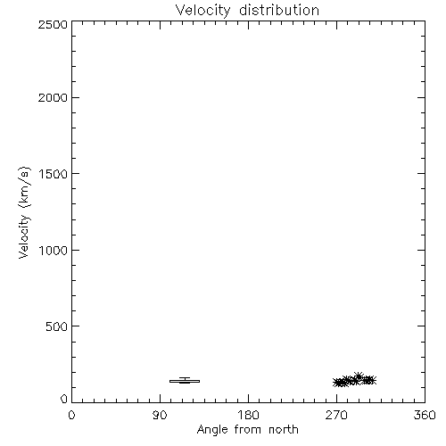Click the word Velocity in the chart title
point(203,11)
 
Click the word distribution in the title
point(279,10)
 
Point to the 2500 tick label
point(53,24)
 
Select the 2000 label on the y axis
point(53,98)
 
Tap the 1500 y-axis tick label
point(54,174)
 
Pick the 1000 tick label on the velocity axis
point(54,251)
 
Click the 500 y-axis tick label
point(57,326)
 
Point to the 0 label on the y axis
point(64,399)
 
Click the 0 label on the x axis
point(71,415)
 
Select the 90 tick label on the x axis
point(160,415)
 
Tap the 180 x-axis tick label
point(248,415)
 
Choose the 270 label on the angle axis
point(336,415)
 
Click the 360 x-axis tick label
point(425,415)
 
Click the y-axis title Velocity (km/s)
point(24,212)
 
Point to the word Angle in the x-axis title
point(212,430)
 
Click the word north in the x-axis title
point(284,429)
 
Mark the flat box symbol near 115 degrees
point(185,381)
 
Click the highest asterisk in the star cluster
point(359,376)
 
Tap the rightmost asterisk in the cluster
point(372,380)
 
